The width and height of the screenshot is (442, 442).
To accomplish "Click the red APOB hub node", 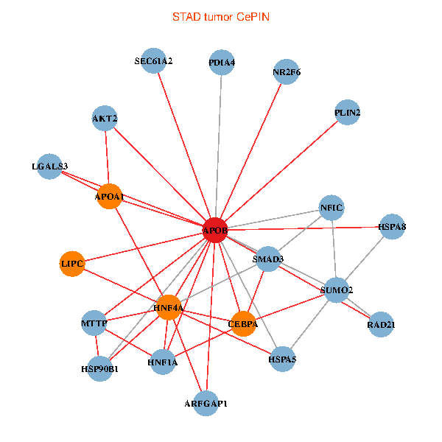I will click(215, 231).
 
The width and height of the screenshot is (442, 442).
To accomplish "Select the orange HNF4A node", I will click(169, 307).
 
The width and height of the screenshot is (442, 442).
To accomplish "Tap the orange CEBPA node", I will click(243, 323).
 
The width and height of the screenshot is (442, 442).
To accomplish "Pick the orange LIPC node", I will click(72, 264).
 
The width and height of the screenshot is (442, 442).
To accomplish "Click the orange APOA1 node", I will click(109, 197).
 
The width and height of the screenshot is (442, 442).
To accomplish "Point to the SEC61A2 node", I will click(153, 62).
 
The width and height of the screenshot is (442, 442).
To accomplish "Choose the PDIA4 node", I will click(222, 63).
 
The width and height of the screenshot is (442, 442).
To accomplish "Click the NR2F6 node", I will click(286, 72).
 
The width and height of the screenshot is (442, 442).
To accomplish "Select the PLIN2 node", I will click(347, 113).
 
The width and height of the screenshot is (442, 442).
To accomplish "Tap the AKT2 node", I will click(105, 118).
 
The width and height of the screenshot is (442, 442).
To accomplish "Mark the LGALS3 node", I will click(50, 166).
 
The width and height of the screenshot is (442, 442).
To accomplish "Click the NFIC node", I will click(331, 208).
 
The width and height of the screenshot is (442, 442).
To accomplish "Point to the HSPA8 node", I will click(392, 227).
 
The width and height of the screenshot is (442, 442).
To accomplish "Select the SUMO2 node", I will click(337, 290).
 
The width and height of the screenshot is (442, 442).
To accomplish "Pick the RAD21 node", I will click(380, 325).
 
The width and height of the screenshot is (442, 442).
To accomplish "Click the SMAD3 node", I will click(268, 259).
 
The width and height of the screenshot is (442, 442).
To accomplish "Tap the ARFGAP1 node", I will click(206, 403).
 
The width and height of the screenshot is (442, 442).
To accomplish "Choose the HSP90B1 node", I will click(100, 368).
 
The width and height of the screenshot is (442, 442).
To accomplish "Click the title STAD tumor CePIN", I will click(221, 16).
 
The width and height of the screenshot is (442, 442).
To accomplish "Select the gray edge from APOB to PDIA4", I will click(219, 147).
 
